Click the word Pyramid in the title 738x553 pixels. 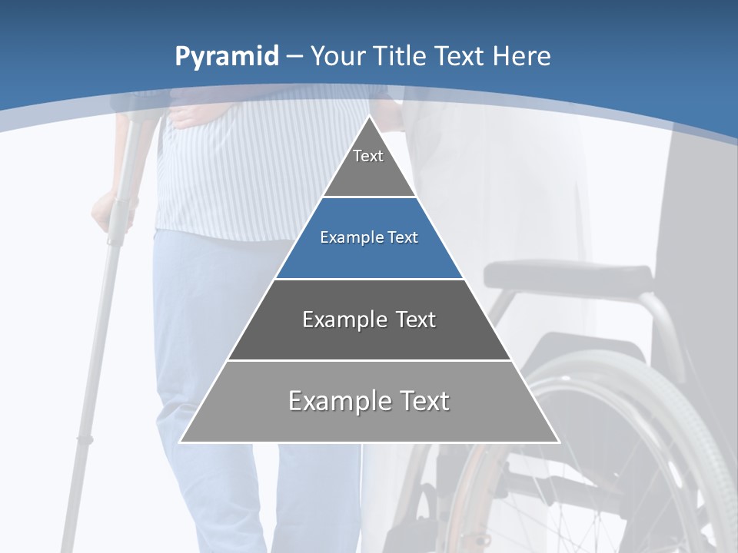[226, 57]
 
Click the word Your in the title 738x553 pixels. [338, 56]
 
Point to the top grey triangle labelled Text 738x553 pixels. [369, 165]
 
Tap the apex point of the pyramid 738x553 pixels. [370, 118]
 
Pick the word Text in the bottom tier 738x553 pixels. [424, 401]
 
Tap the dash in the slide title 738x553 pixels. [294, 57]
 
